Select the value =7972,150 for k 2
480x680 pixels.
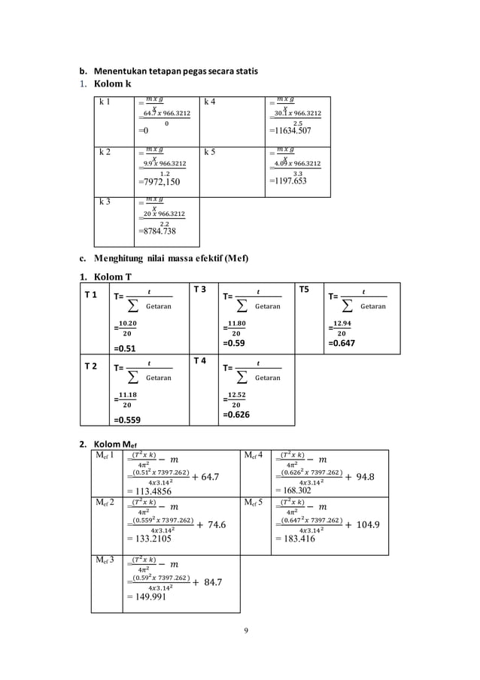(x=160, y=181)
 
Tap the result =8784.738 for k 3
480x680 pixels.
(x=159, y=232)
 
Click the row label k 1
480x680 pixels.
(x=106, y=101)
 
